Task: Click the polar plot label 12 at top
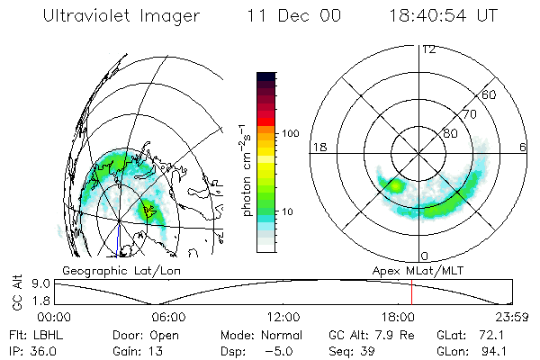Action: pyautogui.click(x=428, y=49)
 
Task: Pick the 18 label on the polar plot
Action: pyautogui.click(x=318, y=147)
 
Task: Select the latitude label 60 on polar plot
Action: pyautogui.click(x=489, y=94)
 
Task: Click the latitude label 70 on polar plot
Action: pyautogui.click(x=469, y=114)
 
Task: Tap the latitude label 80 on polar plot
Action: pyautogui.click(x=450, y=133)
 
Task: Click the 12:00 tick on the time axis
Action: pyautogui.click(x=283, y=317)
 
